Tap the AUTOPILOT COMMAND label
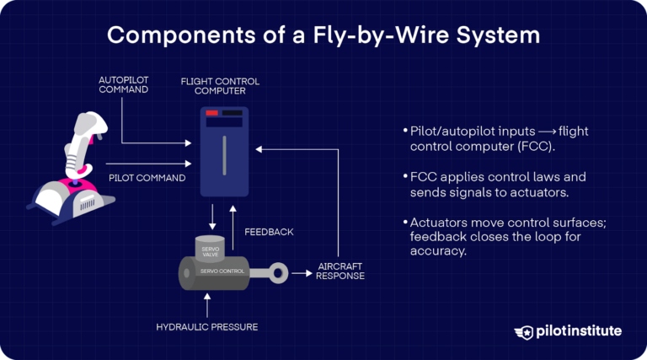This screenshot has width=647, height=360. pyautogui.click(x=123, y=84)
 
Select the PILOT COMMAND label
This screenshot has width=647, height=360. pyautogui.click(x=147, y=178)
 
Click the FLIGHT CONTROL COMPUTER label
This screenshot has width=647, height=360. pyautogui.click(x=220, y=86)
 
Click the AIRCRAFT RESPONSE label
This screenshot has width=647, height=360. pyautogui.click(x=341, y=271)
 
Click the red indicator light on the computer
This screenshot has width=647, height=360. pyautogui.click(x=212, y=113)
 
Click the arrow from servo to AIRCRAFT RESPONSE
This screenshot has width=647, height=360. pyautogui.click(x=299, y=272)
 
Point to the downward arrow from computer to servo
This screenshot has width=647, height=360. pyautogui.click(x=211, y=217)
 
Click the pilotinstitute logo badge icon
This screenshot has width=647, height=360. pyautogui.click(x=527, y=332)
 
